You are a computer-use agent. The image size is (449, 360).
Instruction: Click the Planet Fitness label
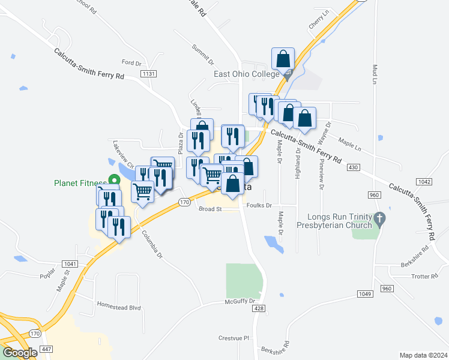80,183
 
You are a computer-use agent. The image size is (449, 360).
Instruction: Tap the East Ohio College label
247,74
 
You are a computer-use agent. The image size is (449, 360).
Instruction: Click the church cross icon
379,220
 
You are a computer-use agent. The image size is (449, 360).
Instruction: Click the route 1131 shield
149,73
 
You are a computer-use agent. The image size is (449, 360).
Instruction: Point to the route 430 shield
353,166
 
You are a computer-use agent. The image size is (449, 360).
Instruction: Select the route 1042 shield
424,181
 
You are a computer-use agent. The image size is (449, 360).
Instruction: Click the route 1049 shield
364,293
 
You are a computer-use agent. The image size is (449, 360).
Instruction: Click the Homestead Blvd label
118,307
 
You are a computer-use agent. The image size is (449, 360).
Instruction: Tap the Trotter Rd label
426,277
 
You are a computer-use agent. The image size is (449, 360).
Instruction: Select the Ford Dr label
131,62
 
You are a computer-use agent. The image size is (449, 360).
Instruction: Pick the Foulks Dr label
259,205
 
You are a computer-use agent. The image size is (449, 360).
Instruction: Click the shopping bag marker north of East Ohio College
283,60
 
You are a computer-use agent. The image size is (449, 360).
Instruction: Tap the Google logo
20,353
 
